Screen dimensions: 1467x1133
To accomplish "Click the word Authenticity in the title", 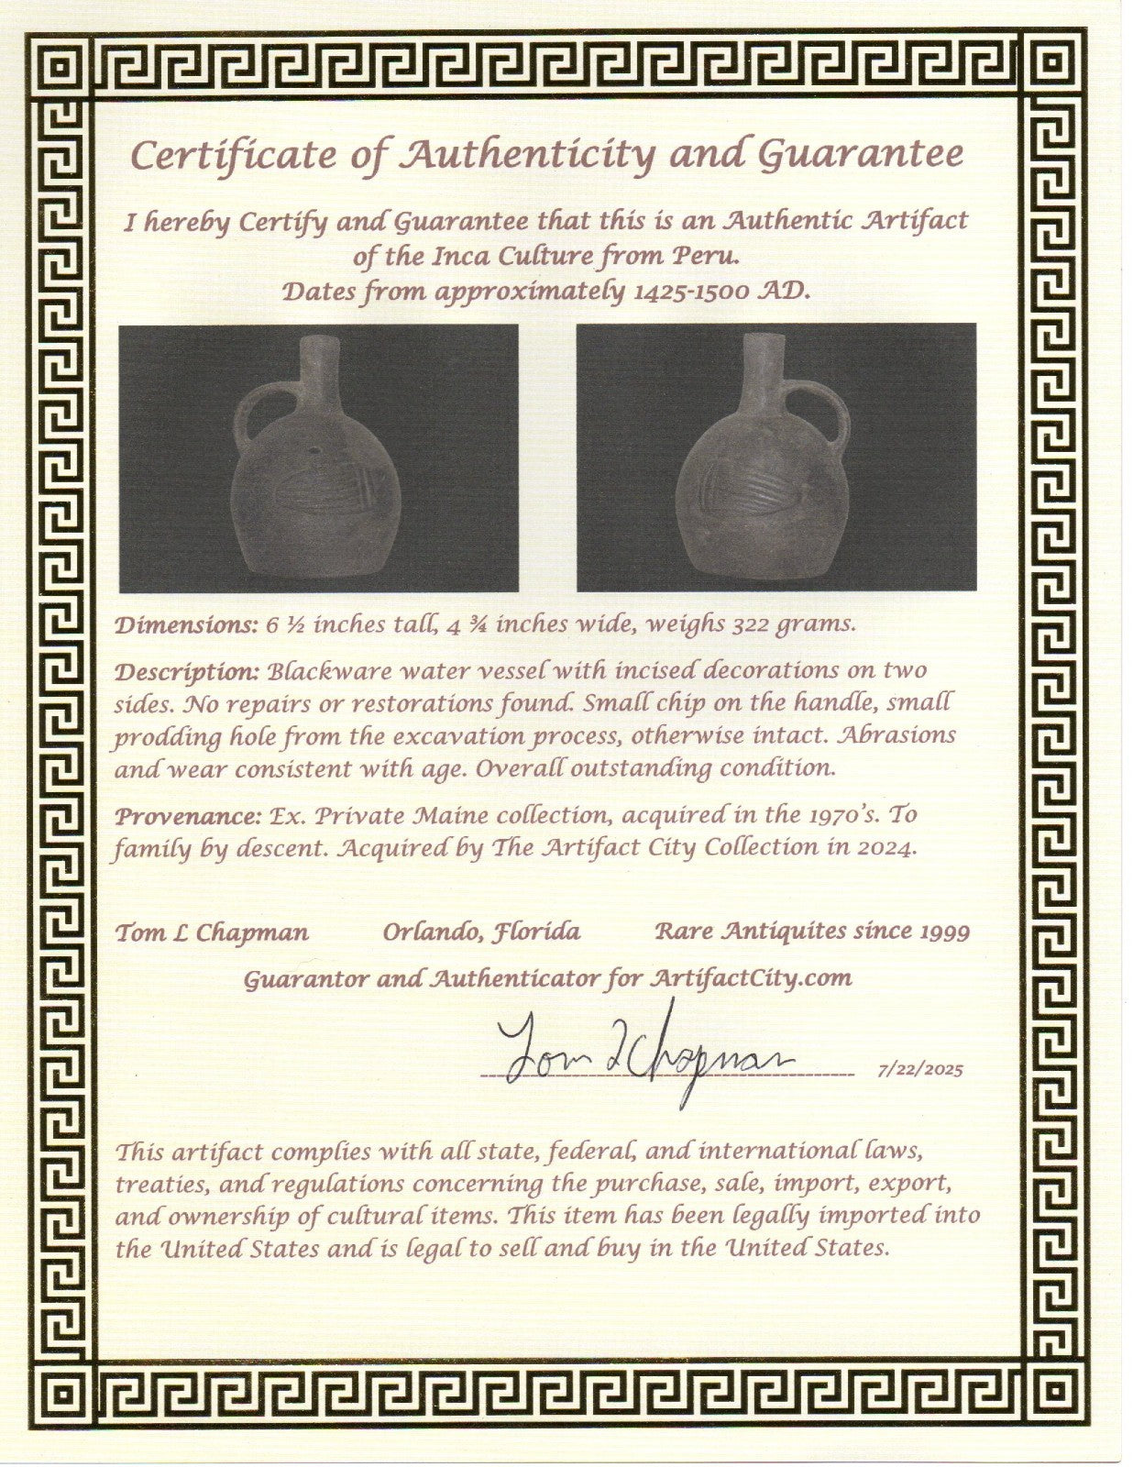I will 526,154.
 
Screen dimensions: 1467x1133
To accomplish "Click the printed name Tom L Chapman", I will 212,933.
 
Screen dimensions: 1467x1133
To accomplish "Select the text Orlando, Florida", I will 481,933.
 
